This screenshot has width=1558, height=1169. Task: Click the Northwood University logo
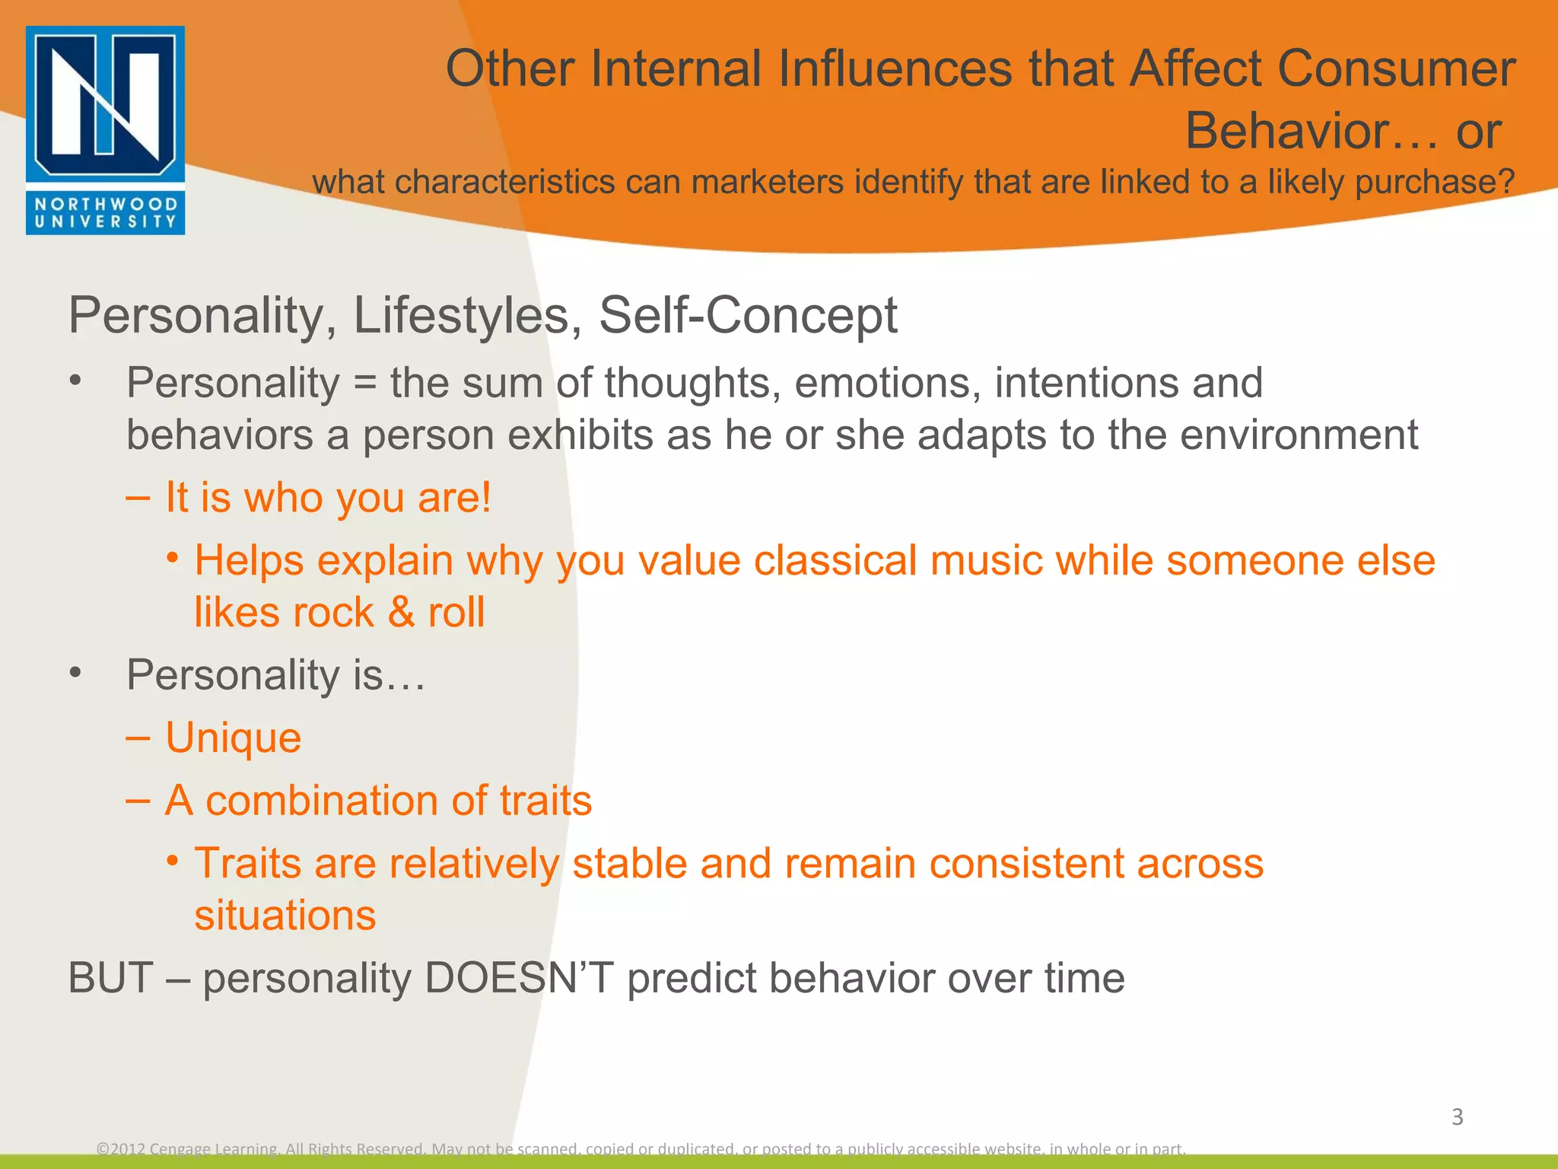(x=105, y=130)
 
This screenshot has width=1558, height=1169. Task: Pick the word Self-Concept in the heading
(x=748, y=315)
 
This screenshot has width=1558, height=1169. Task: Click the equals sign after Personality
(x=365, y=384)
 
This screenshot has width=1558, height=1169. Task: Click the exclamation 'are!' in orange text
(x=454, y=498)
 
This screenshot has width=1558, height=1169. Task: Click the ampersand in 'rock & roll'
(x=401, y=613)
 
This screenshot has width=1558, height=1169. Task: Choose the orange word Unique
(x=233, y=738)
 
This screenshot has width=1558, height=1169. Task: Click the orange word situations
(x=285, y=916)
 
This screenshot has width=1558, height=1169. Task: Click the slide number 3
(x=1457, y=1117)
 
